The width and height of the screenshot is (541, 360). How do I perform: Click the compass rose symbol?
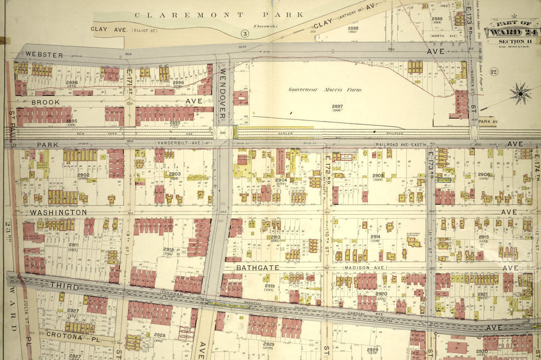pyautogui.click(x=520, y=94)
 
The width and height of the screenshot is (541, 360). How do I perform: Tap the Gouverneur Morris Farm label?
pyautogui.click(x=325, y=89)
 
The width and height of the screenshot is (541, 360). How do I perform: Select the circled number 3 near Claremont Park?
pyautogui.click(x=244, y=34)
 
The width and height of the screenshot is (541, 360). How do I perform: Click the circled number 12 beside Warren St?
pyautogui.click(x=494, y=72)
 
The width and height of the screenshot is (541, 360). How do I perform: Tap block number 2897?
pyautogui.click(x=337, y=107)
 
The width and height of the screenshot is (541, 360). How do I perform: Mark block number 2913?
pyautogui.click(x=275, y=237)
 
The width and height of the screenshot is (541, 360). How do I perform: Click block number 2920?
pyautogui.click(x=381, y=293)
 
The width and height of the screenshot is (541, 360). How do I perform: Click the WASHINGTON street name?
pyautogui.click(x=58, y=212)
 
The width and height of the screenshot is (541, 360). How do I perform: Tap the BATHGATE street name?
pyautogui.click(x=257, y=268)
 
